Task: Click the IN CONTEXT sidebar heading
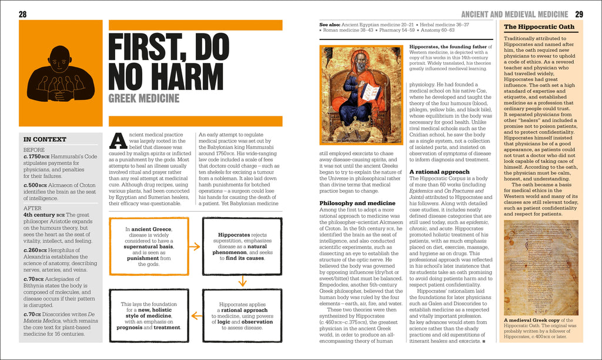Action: pyautogui.click(x=45, y=139)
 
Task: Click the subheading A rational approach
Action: pyautogui.click(x=439, y=172)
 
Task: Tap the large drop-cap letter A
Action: pyautogui.click(x=118, y=140)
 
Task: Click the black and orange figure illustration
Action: pyautogui.click(x=60, y=75)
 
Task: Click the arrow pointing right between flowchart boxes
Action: pyautogui.click(x=195, y=246)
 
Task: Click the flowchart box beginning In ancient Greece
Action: pyautogui.click(x=149, y=246)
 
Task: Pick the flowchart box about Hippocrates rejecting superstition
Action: pyautogui.click(x=242, y=246)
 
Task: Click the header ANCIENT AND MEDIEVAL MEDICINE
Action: pyautogui.click(x=514, y=14)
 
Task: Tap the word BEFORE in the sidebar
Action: pyautogui.click(x=34, y=150)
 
